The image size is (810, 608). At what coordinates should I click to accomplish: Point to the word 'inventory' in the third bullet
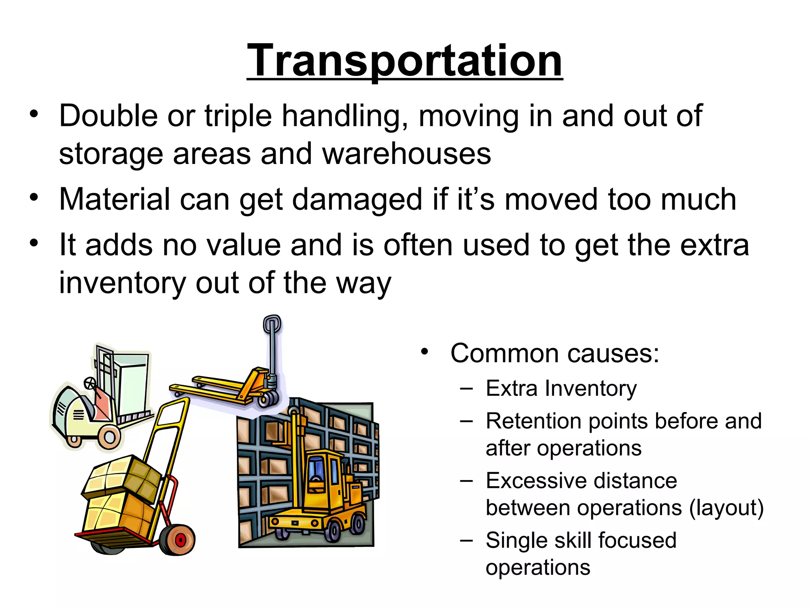point(122,283)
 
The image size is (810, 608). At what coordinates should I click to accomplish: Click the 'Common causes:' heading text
point(555,353)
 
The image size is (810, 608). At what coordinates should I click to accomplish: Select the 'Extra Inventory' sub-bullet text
point(561,388)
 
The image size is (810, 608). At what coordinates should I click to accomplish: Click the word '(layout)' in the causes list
point(726,508)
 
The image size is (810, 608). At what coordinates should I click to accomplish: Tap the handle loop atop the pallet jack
point(272,324)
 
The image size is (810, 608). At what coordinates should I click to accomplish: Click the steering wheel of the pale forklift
point(90,383)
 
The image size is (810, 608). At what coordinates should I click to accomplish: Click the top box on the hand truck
point(123,475)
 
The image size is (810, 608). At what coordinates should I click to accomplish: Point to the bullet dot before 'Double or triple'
point(34,115)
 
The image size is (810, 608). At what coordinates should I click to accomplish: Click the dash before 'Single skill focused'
point(466,541)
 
